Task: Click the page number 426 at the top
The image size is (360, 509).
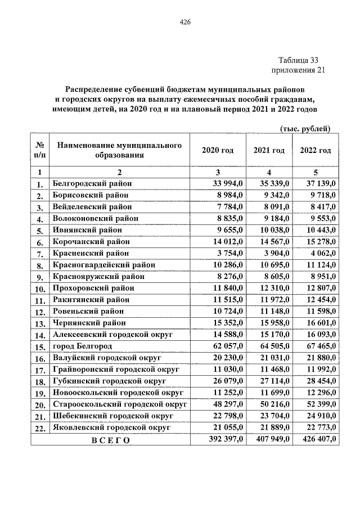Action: click(185, 22)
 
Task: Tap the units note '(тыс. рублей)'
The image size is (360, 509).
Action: click(305, 129)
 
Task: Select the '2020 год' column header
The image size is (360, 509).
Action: click(217, 150)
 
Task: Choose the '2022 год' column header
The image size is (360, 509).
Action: click(315, 150)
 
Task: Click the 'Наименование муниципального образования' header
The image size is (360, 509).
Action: click(119, 150)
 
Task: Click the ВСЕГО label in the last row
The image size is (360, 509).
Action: click(110, 440)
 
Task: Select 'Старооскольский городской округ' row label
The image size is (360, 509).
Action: click(120, 404)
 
